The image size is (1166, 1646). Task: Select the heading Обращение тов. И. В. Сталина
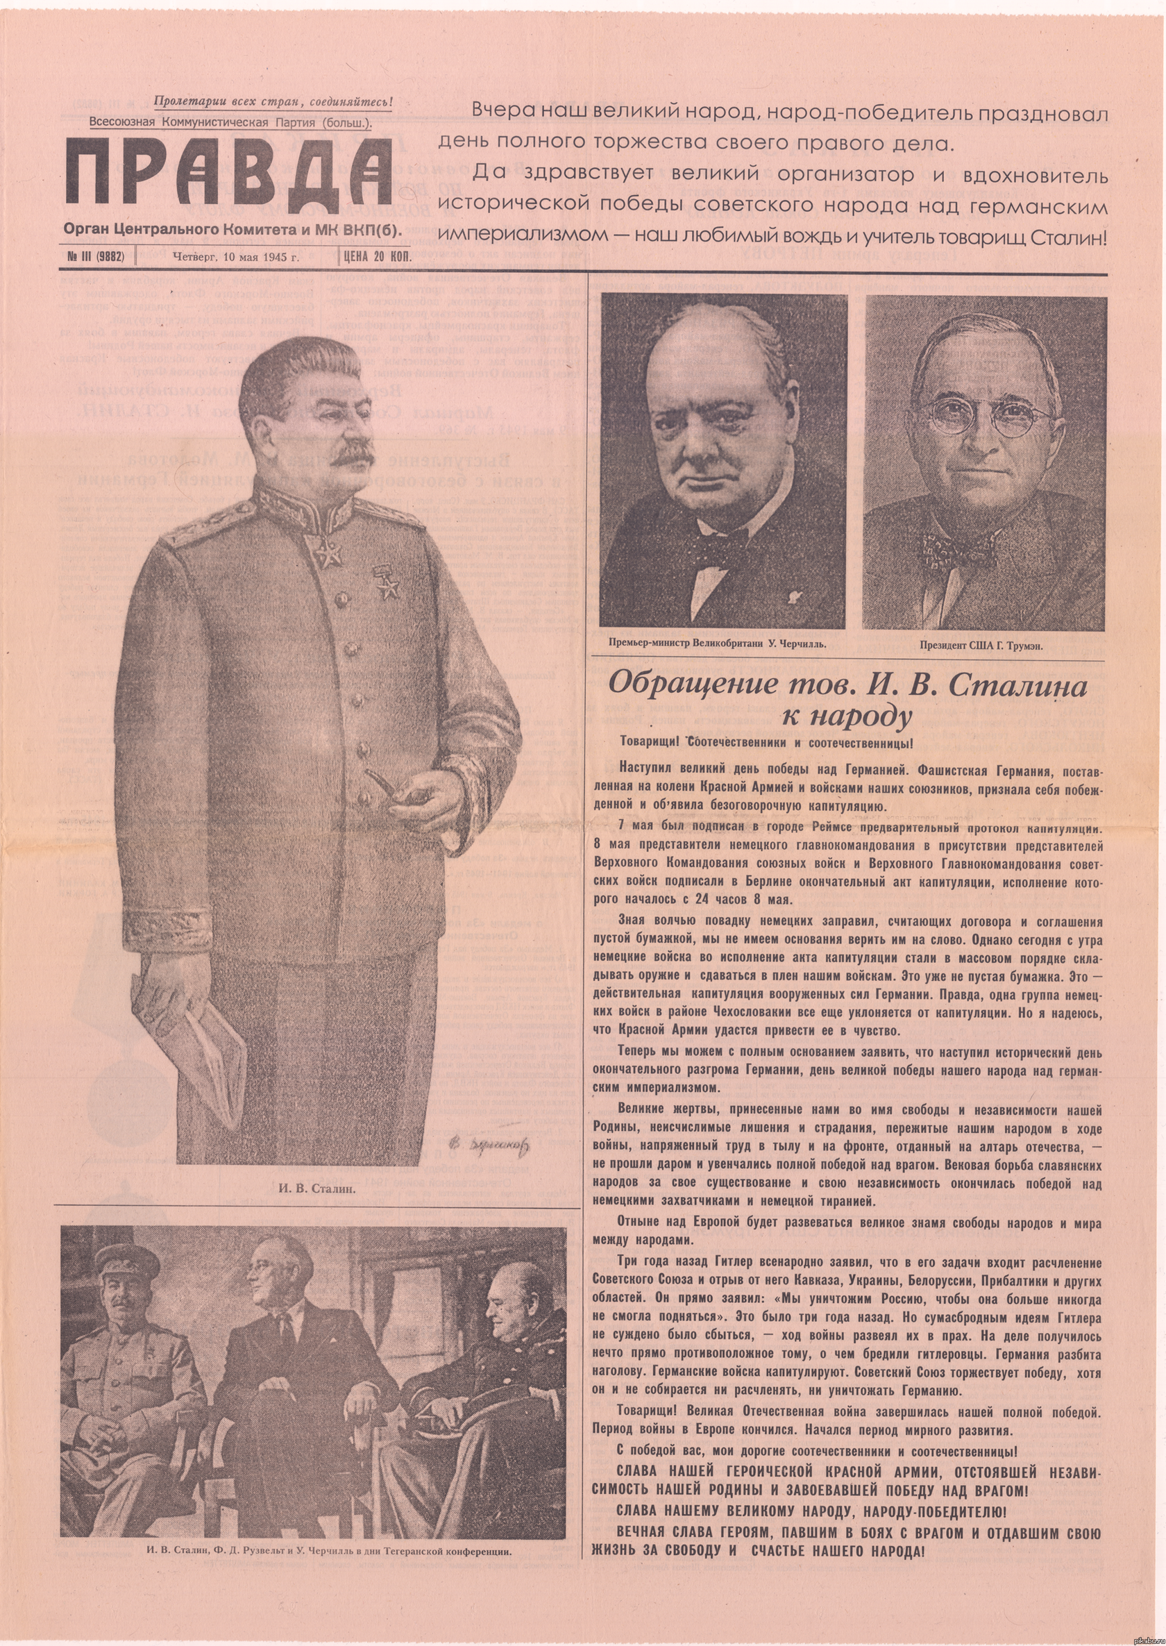click(847, 685)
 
